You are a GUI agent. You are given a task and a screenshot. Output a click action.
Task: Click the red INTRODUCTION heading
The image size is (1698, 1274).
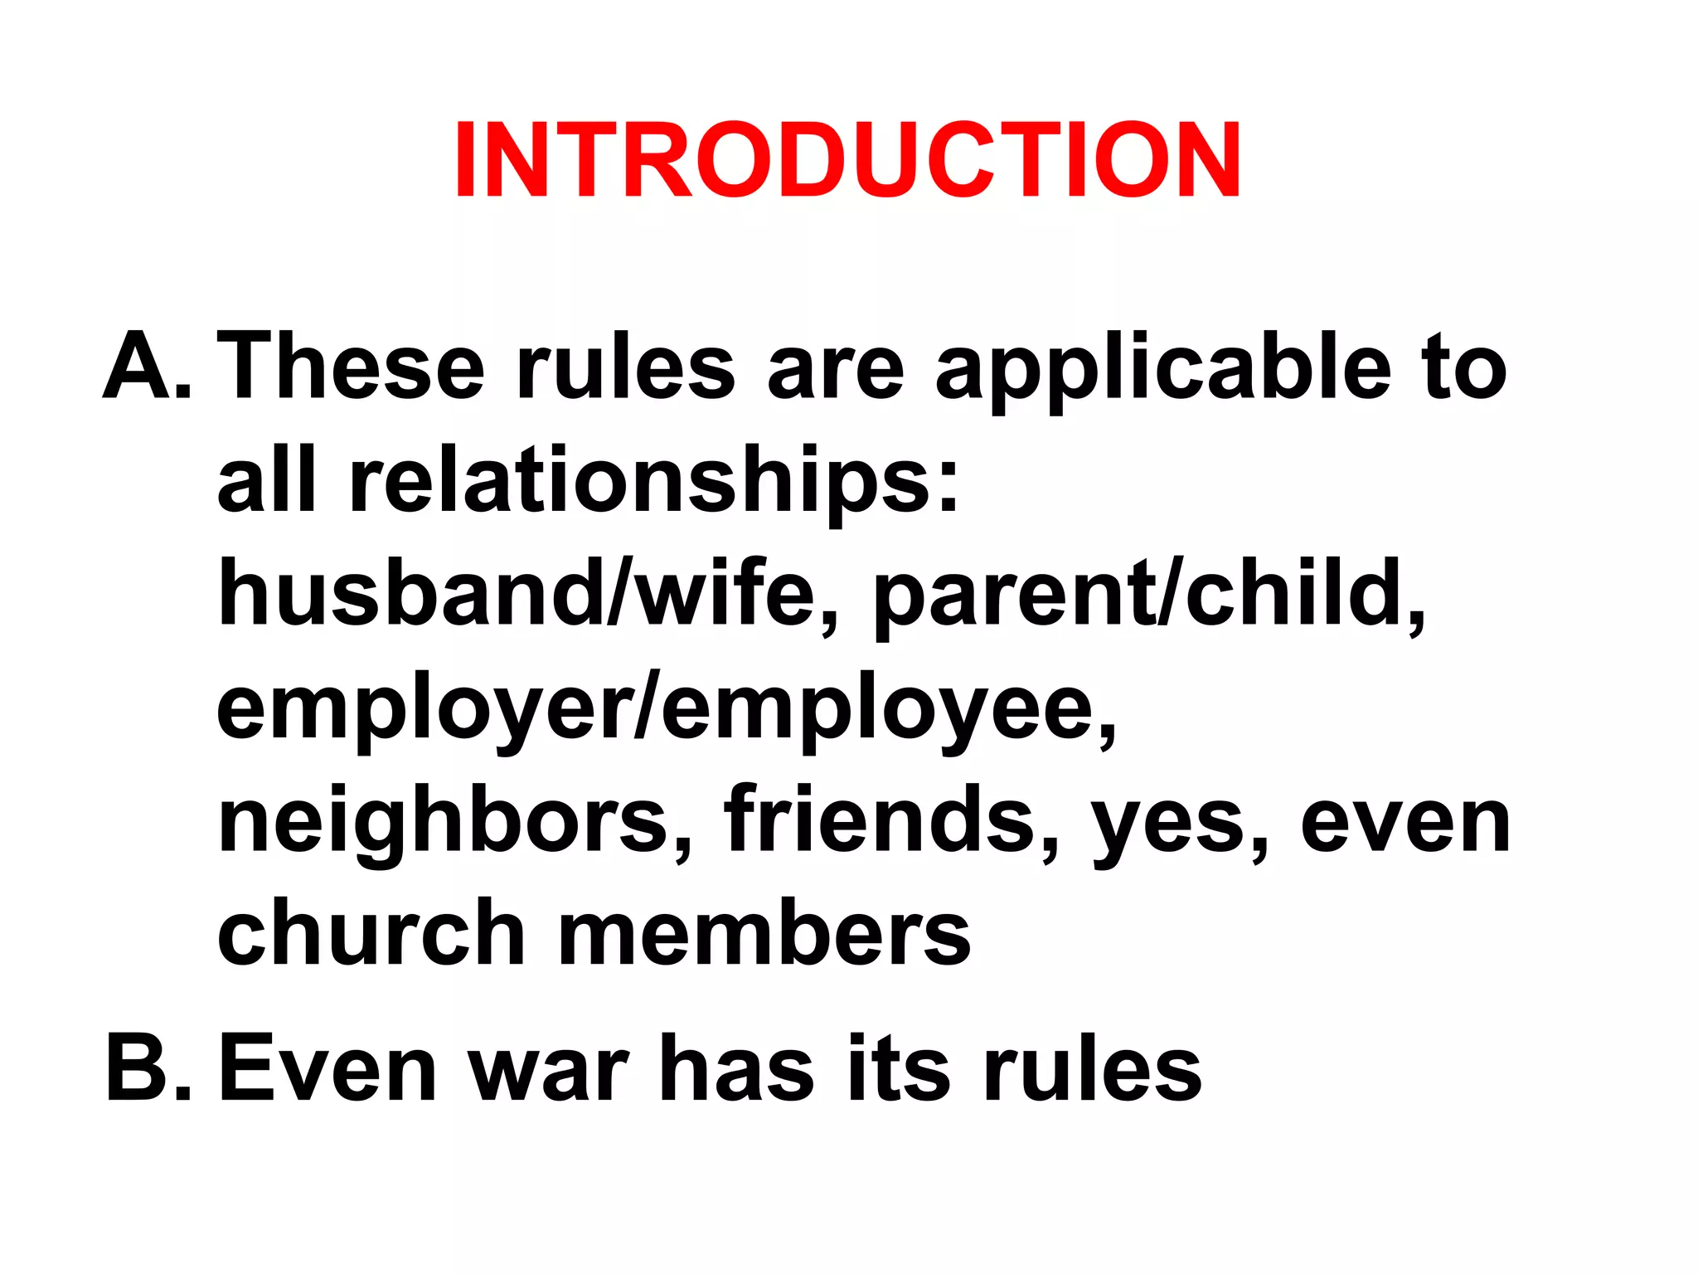pos(847,159)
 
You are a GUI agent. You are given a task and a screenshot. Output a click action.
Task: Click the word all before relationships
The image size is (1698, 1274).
pos(265,479)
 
